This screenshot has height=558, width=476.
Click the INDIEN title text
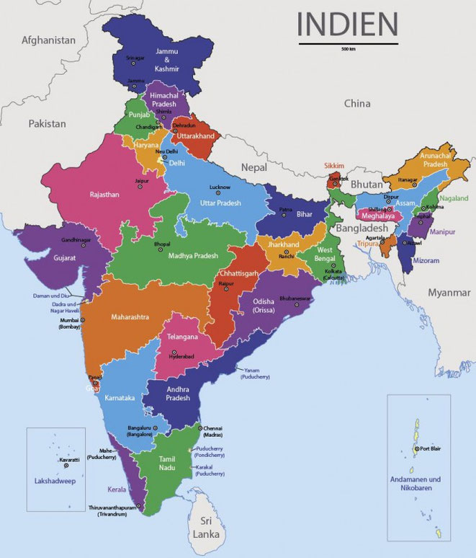tap(346, 23)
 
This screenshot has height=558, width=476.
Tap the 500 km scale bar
tap(346, 44)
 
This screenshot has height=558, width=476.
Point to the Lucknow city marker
tap(220, 193)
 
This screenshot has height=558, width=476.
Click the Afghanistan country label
tap(48, 40)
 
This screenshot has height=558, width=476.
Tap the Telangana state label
tap(182, 337)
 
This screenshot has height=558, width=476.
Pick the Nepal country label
tap(253, 167)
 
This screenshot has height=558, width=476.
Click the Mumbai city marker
tap(82, 320)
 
